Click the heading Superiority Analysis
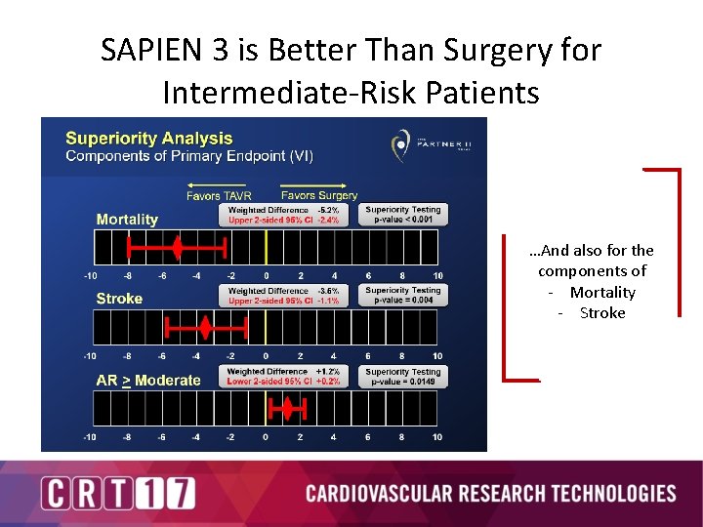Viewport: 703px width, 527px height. tap(148, 139)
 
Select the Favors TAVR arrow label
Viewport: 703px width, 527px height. tap(218, 195)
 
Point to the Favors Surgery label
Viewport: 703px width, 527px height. tap(318, 195)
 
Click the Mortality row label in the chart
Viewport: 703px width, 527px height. tap(127, 220)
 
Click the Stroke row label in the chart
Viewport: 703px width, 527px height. tap(119, 299)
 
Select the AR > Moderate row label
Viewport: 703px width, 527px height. tap(148, 380)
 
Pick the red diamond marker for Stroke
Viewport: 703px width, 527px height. tap(205, 327)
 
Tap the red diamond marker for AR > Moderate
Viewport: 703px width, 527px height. tap(287, 406)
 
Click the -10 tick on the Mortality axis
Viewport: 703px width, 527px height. tap(90, 276)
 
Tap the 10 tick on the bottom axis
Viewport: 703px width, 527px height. tap(437, 437)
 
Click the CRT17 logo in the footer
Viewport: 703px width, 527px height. tap(118, 493)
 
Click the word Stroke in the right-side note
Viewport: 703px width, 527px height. tap(601, 313)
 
